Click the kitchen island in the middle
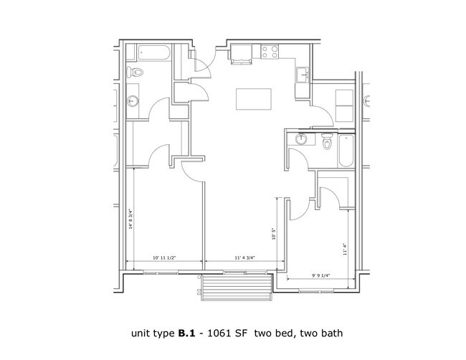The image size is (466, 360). click(x=255, y=100)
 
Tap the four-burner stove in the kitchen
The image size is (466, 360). click(x=270, y=52)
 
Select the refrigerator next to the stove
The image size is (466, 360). click(x=240, y=54)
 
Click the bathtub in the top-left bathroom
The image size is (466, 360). click(x=151, y=52)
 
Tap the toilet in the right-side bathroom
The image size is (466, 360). click(x=328, y=143)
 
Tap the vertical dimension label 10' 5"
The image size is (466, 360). click(x=274, y=234)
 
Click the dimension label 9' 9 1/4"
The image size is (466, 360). click(x=321, y=274)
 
